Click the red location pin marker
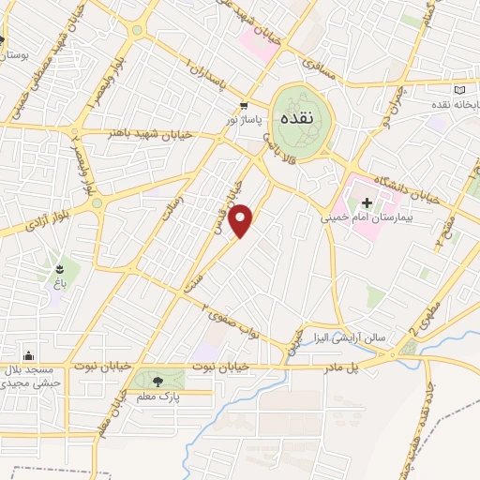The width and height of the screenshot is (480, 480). tap(242, 221)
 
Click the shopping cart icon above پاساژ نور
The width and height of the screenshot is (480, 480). tap(244, 107)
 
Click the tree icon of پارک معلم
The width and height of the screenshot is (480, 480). tap(157, 381)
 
